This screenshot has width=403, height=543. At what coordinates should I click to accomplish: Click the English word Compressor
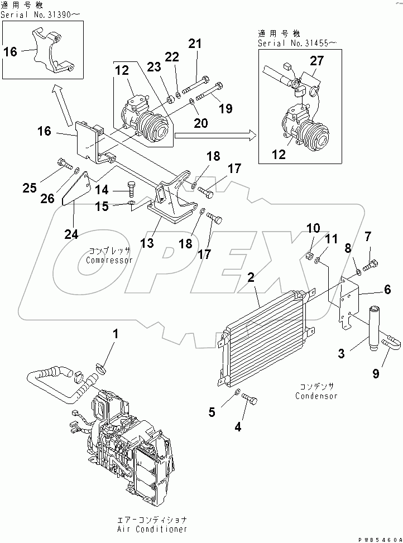coord(109,260)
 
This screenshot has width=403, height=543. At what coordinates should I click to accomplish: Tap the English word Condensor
coord(317,396)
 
